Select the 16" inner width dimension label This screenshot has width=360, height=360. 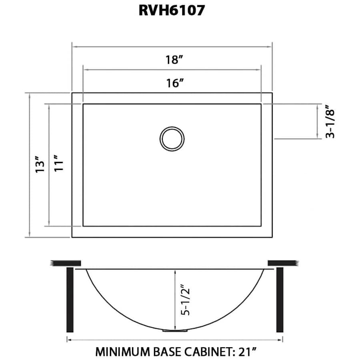coord(175,83)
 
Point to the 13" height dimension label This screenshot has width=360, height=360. coord(39,164)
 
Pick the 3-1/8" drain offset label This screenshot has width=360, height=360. coord(330,122)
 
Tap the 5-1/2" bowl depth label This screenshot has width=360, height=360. coord(185,300)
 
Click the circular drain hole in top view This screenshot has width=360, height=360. coord(172,139)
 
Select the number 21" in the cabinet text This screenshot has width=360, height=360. coord(246,352)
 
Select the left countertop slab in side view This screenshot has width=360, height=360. coord(66,263)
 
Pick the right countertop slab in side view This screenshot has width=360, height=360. coord(283,263)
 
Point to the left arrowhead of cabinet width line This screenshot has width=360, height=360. coord(68,340)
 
